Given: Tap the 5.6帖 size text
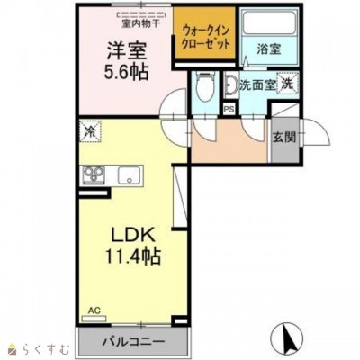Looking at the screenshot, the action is click(x=127, y=72).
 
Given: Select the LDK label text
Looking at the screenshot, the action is click(x=133, y=235).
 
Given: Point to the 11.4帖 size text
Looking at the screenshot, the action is click(x=133, y=256).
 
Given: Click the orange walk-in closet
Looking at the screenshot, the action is click(x=204, y=33).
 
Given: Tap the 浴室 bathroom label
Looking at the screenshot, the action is click(x=269, y=49).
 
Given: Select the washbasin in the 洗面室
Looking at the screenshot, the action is click(x=231, y=85).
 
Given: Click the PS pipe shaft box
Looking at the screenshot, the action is click(x=229, y=110).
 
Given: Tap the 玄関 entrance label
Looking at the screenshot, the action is click(x=284, y=138).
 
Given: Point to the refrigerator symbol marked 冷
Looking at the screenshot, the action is click(x=91, y=131).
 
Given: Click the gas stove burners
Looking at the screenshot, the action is click(x=94, y=175).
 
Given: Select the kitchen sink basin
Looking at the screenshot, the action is click(x=130, y=175).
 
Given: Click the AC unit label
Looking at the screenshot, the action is click(x=94, y=310).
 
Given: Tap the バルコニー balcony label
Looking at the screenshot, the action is click(x=135, y=341).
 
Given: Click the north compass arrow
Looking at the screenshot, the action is click(x=287, y=339).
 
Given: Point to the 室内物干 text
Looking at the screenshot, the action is click(x=140, y=23).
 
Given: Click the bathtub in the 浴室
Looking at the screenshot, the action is click(x=269, y=22).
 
